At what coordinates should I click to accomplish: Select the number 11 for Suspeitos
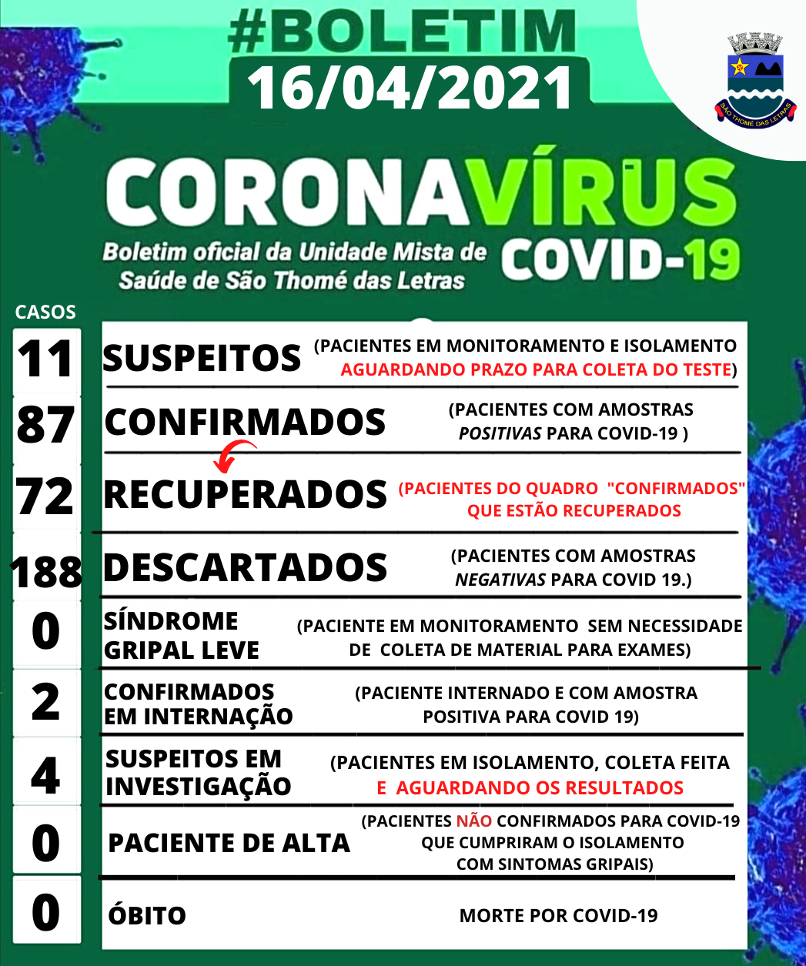coord(46,359)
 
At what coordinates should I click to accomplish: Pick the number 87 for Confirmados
coord(46,426)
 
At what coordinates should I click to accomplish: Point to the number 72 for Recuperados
coord(46,496)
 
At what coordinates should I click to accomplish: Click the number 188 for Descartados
coord(46,571)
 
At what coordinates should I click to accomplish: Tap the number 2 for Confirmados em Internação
coord(46,702)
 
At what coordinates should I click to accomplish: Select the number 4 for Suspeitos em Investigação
coord(46,774)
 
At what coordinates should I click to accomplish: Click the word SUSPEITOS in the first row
coord(202,359)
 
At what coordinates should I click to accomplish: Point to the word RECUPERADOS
coord(245,494)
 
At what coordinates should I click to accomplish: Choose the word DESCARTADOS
coord(245,568)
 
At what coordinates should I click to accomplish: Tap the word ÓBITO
coord(147,916)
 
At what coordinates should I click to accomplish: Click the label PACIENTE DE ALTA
coord(229,844)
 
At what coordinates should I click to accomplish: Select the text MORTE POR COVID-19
coord(558,916)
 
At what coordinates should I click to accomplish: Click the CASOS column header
coord(45,312)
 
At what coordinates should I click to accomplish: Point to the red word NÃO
coord(473,821)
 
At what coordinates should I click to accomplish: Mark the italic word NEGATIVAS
coord(500,579)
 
